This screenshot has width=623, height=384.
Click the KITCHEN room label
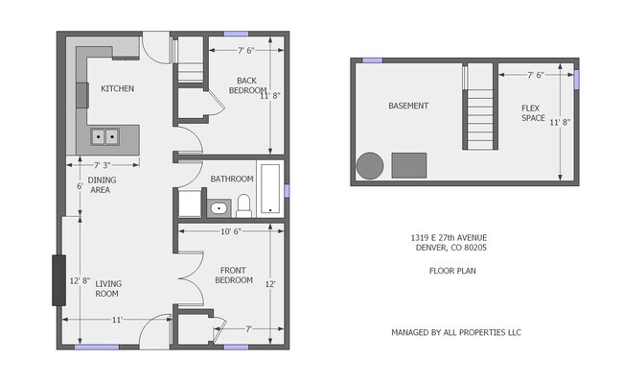[117, 89]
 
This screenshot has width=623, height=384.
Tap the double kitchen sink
[105, 137]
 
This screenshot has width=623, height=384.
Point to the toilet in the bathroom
[243, 204]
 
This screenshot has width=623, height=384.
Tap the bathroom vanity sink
[218, 207]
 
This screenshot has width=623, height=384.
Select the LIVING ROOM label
[108, 287]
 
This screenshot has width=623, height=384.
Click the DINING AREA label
[101, 185]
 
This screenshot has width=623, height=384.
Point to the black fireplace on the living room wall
[58, 280]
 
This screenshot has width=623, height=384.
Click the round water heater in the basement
[369, 166]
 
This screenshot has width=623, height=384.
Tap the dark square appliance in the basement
[409, 165]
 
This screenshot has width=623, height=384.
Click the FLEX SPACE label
[533, 113]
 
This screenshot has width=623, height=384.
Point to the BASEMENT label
[407, 106]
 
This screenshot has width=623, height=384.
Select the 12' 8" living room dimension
[80, 281]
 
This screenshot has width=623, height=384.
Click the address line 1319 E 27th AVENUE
[449, 237]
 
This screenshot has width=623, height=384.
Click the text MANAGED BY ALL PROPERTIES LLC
[455, 332]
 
